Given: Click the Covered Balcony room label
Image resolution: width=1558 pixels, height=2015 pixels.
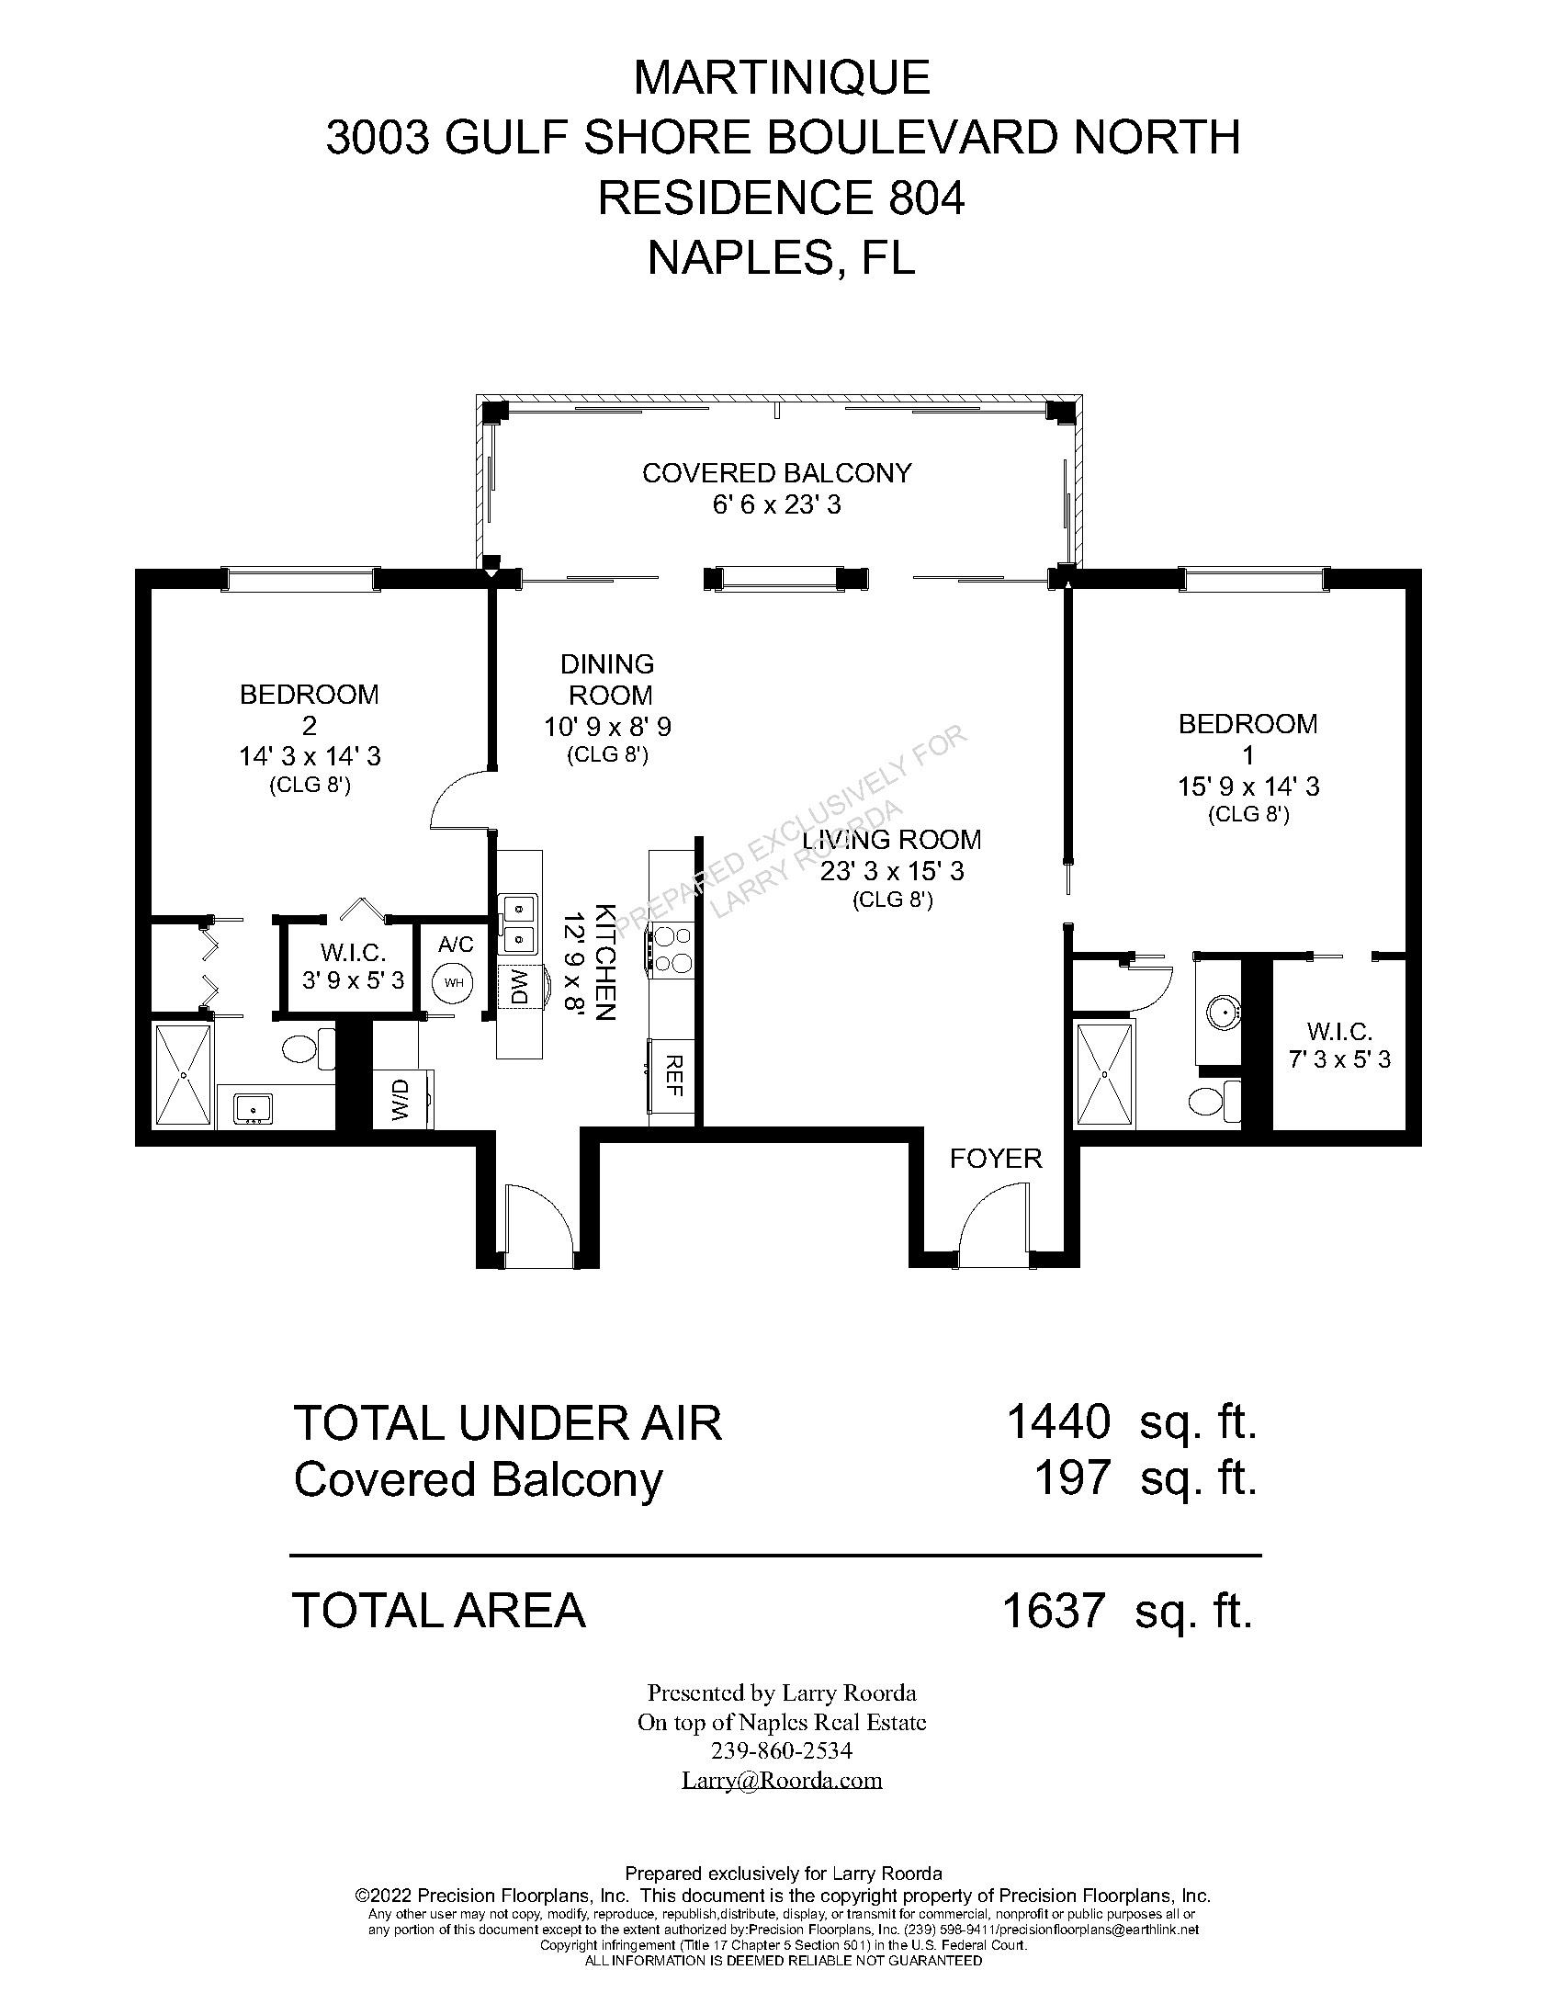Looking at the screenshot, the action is coord(776,472).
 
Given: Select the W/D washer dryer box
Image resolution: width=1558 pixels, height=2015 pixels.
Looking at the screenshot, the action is coord(401,1098).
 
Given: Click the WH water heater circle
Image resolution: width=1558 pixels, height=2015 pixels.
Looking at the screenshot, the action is coord(453,981).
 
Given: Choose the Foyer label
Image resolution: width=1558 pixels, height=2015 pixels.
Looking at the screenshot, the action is coord(996,1158).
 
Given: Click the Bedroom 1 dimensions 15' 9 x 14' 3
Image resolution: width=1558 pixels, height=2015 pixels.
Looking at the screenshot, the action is coord(1248,787).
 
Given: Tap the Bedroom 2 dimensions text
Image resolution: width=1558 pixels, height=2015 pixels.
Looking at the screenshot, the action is coord(310,756).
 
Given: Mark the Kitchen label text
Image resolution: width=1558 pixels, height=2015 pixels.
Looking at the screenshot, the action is coord(604,961).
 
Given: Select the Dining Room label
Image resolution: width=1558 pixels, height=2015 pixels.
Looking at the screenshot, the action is coord(608,679).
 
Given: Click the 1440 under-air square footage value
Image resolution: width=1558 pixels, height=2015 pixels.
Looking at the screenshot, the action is coord(1058,1421).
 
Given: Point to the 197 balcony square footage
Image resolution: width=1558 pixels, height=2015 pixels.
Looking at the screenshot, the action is coord(1073,1479).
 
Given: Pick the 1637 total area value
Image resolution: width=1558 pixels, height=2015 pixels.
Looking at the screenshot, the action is coord(1054,1611).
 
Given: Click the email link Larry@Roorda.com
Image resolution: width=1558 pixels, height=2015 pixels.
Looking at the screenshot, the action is coord(783,1779).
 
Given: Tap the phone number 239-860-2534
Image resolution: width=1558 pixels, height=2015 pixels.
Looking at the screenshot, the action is coord(783,1750).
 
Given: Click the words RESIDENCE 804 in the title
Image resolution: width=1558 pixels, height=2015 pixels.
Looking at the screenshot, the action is coord(782,198).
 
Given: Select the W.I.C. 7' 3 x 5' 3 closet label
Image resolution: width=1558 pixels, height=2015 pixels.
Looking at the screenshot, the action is coord(1339,1046).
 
